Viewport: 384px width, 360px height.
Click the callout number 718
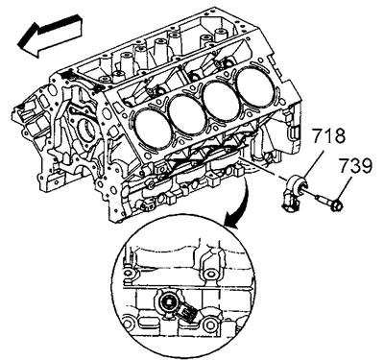pyautogui.click(x=327, y=135)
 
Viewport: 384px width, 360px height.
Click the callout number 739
pyautogui.click(x=355, y=166)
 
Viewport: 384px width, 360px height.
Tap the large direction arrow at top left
pyautogui.click(x=50, y=35)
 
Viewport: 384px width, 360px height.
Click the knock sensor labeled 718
pyautogui.click(x=295, y=191)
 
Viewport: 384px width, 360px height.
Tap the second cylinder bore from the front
pyautogui.click(x=187, y=115)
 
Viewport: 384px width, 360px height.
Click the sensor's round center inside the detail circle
pyautogui.click(x=168, y=302)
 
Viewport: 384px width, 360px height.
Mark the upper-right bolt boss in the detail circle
pyautogui.click(x=208, y=274)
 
